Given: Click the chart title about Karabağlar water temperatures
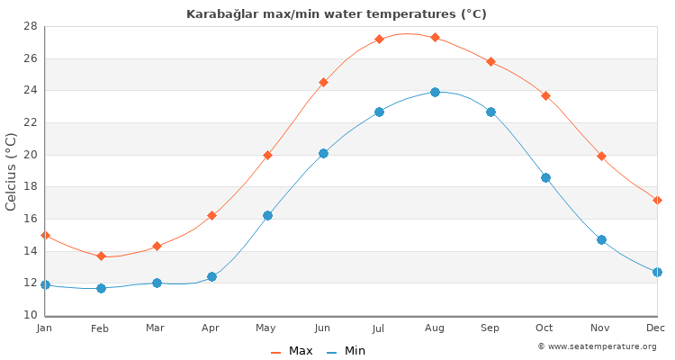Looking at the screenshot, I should coord(337,14).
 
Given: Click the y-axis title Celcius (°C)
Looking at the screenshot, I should coord(12,171).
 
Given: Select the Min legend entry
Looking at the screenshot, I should coord(346,351).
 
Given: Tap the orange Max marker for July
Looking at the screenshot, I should coord(379,39).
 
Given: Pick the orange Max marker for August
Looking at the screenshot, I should coord(435,37).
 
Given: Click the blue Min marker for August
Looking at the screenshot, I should coord(435,92).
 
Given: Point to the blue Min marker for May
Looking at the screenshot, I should coord(267,215).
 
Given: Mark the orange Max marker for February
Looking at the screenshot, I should coord(101,256).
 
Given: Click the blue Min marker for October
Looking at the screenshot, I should coord(545,177).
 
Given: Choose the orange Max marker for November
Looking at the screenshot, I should coord(601,156).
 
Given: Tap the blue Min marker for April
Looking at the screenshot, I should coord(211,276).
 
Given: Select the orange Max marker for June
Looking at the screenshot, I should coord(323,82).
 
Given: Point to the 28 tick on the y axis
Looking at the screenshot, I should coord(30,26).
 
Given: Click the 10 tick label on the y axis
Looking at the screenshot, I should coord(30,315).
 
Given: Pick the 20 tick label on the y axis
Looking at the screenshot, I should coord(30,155).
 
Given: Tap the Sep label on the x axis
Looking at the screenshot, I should coord(490,328).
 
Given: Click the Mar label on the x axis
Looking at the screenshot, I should coord(156,328).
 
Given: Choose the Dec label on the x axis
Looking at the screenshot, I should coord(655,328).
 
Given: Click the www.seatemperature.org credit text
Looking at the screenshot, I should coord(597,346).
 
